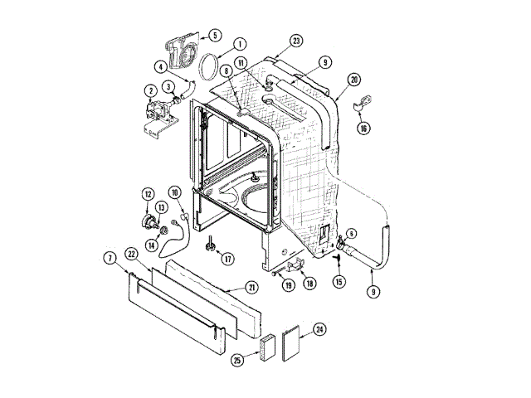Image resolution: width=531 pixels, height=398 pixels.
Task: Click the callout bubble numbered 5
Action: tap(215, 36)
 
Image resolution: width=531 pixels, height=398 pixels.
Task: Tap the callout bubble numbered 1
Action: tap(239, 44)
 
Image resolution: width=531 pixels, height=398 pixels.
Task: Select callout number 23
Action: tap(296, 41)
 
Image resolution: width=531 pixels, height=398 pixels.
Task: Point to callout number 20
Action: tap(354, 80)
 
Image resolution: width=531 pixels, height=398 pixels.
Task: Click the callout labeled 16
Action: tap(363, 128)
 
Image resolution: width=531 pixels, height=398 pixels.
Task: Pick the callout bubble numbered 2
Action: tap(151, 90)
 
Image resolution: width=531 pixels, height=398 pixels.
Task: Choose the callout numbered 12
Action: tap(148, 196)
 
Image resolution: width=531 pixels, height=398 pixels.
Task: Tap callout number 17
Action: tap(226, 258)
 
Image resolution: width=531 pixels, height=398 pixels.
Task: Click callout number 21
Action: tap(251, 287)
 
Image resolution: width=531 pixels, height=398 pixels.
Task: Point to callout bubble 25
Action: tap(239, 360)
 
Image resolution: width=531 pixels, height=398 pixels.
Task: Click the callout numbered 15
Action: tap(339, 282)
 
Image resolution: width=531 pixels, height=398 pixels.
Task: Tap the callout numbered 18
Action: tap(309, 284)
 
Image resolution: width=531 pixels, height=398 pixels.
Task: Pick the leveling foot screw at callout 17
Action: tap(211, 244)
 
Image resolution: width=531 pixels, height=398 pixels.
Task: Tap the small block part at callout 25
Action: tap(265, 347)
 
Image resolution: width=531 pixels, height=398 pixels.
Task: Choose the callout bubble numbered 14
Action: tap(152, 245)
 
